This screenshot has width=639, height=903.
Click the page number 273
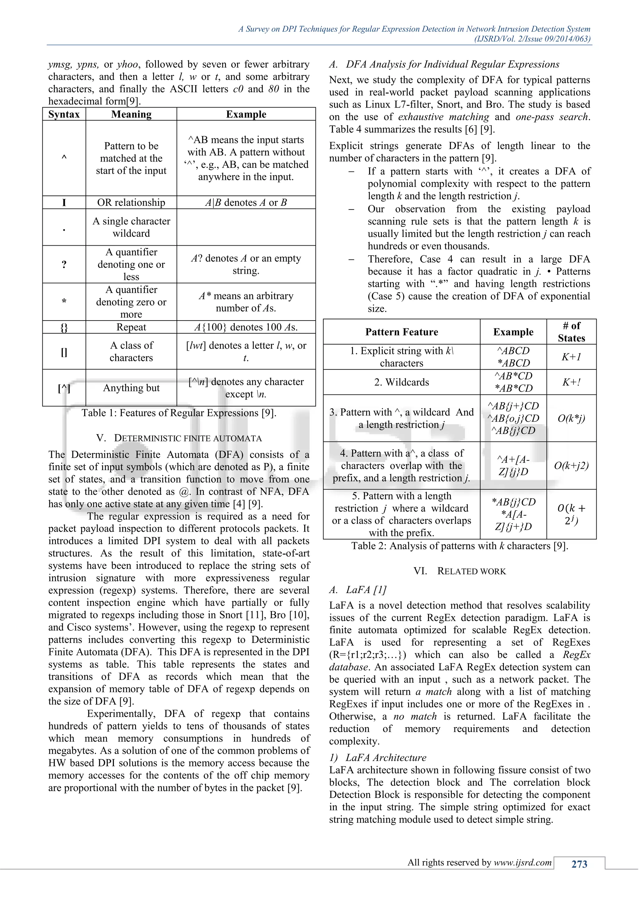pyautogui.click(x=579, y=864)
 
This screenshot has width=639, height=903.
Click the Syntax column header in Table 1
pyautogui.click(x=64, y=114)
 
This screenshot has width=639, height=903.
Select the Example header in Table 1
pyautogui.click(x=246, y=114)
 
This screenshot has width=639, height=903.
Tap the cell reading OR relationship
pyautogui.click(x=131, y=203)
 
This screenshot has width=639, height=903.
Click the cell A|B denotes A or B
pyautogui.click(x=246, y=203)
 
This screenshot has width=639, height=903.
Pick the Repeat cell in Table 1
pyautogui.click(x=131, y=327)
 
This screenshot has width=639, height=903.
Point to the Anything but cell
pyautogui.click(x=131, y=388)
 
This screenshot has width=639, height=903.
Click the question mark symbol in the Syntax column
pyautogui.click(x=64, y=265)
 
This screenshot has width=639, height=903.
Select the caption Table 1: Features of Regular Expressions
pyautogui.click(x=179, y=413)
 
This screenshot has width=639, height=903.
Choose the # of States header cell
pyautogui.click(x=571, y=332)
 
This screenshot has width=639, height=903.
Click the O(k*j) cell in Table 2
pyautogui.click(x=571, y=418)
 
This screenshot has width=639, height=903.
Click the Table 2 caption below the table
pyautogui.click(x=460, y=546)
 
